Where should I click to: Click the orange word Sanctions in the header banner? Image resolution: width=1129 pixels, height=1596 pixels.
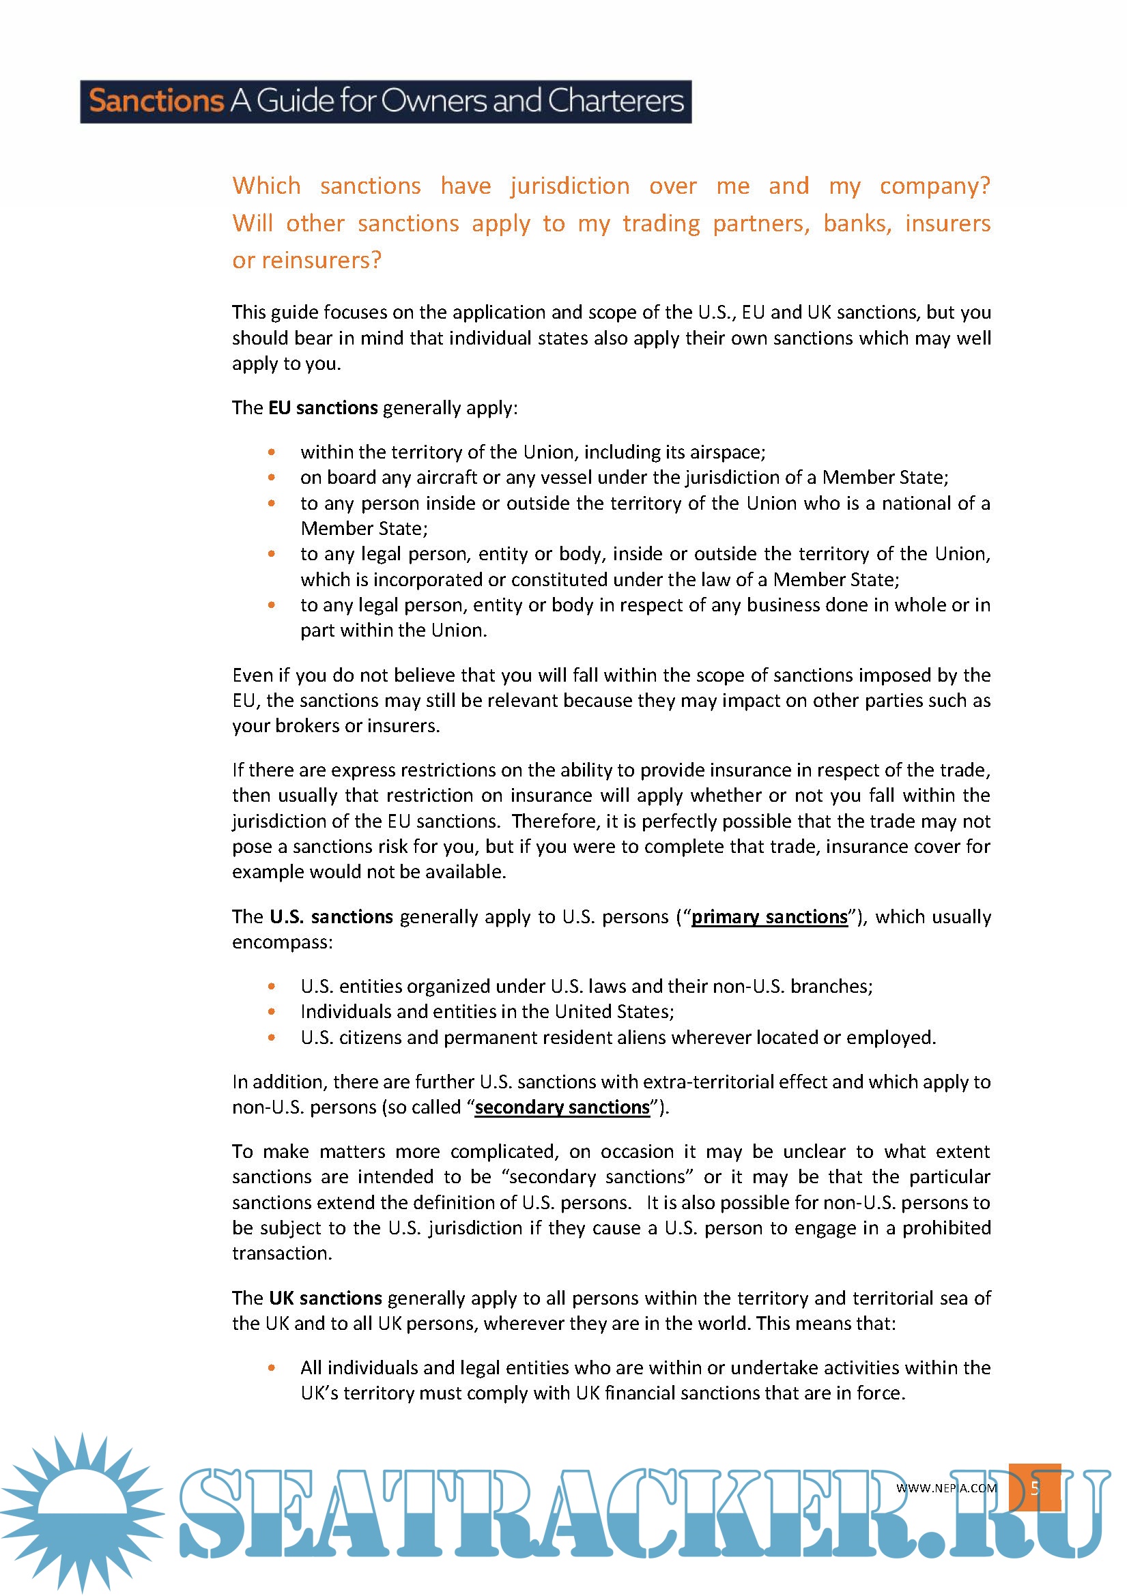156,102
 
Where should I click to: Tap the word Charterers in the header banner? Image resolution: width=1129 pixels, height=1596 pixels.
616,102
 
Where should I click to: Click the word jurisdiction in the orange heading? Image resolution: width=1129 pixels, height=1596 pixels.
570,186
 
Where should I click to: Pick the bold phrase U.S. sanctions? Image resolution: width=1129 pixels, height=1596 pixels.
332,917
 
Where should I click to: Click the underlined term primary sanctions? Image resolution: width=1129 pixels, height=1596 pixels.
769,917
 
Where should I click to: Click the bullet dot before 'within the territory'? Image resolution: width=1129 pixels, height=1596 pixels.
272,452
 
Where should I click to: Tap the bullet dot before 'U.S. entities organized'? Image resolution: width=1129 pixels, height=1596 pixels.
272,987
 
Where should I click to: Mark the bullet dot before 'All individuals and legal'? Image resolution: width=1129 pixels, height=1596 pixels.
272,1367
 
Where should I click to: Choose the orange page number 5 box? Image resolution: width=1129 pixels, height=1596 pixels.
1034,1488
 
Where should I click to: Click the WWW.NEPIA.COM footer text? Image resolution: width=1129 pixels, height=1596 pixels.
946,1488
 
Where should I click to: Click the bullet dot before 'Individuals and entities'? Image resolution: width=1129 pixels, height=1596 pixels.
272,1011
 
